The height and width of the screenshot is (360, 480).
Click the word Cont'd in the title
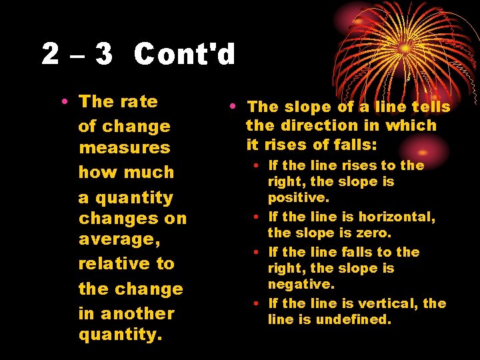tap(185, 54)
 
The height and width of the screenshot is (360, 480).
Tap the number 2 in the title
tap(50, 54)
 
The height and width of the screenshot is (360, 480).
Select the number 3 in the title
tap(103, 54)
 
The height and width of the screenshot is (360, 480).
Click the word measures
tap(124, 147)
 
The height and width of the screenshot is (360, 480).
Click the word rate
tap(139, 102)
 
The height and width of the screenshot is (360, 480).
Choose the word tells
tap(431, 107)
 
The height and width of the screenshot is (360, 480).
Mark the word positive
tap(298, 198)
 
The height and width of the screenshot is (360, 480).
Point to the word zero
tap(375, 233)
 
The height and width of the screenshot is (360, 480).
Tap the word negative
tap(301, 284)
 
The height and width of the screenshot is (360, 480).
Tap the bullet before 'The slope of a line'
tap(231, 107)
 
